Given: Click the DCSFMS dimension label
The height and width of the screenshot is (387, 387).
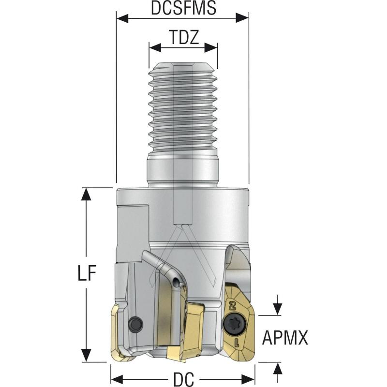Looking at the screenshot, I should (x=182, y=8).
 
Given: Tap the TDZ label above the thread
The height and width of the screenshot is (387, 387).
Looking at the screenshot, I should (x=183, y=38).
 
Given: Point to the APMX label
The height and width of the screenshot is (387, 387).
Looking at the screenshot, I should (x=285, y=338).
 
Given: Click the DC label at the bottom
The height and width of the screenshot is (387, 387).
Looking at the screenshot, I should (x=183, y=379).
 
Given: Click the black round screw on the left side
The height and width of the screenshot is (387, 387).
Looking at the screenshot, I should (x=135, y=322).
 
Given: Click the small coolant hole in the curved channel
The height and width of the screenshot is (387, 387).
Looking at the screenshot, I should (x=179, y=281).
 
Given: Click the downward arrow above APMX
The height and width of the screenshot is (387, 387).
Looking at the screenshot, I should (x=277, y=309).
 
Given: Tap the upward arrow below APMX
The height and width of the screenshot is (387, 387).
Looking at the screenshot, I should (x=277, y=368).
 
